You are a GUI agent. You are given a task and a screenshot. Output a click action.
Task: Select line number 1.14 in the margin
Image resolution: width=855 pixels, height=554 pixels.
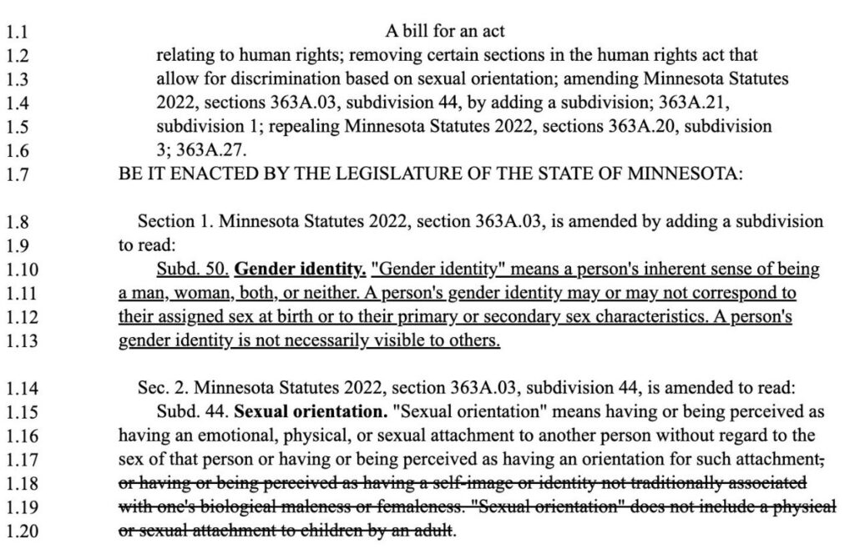click(20, 387)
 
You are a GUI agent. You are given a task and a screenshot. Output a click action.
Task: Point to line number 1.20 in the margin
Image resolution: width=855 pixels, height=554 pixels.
click(20, 532)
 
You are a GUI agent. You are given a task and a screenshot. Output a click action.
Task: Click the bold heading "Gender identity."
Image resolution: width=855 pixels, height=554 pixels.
click(301, 269)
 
